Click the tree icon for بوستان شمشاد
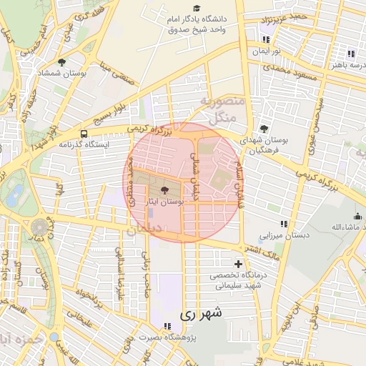click(x=61, y=62)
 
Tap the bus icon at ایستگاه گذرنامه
click(x=85, y=134)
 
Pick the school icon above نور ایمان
click(x=266, y=40)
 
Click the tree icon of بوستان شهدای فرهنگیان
click(x=264, y=129)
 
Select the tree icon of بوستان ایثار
click(x=166, y=191)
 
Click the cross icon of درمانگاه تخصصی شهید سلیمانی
click(x=238, y=264)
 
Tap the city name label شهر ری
click(x=201, y=313)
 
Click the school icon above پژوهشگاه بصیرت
click(x=167, y=326)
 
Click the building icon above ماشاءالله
click(x=357, y=217)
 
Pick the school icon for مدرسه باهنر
click(x=351, y=54)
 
